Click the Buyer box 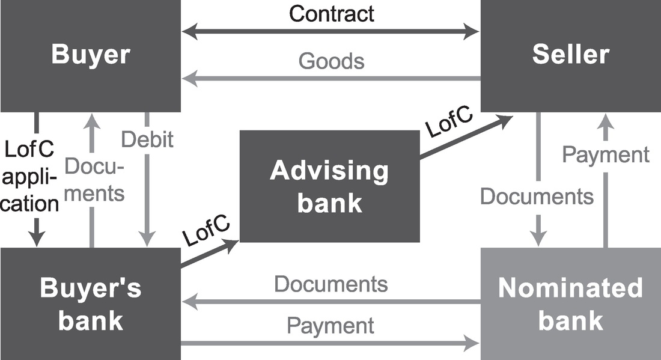point(90,55)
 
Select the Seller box point(570,55)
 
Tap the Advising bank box point(329,186)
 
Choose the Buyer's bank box point(90,304)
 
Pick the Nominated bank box point(570,304)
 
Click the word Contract point(332,13)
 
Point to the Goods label point(332,61)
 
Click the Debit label point(147,139)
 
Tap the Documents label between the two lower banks point(331,284)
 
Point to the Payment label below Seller point(606,154)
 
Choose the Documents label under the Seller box point(537,197)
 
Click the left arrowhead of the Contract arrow point(187,31)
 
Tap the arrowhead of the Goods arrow point(187,78)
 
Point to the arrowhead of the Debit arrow point(147,241)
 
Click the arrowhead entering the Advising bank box point(233,243)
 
